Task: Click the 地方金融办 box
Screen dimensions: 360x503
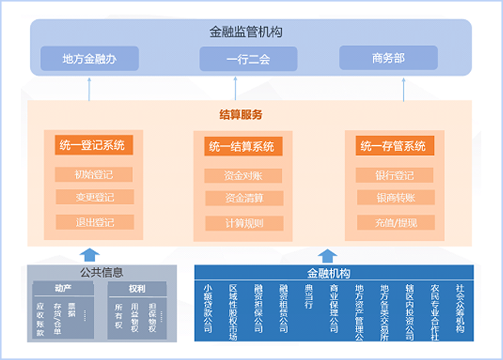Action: [89, 58]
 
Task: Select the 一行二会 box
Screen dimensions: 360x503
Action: [247, 58]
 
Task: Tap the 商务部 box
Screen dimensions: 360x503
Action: [388, 58]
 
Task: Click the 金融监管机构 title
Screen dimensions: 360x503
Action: [247, 32]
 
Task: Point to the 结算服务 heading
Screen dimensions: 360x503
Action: [241, 115]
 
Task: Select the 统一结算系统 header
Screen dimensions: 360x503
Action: [240, 146]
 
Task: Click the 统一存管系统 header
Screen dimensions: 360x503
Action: [392, 146]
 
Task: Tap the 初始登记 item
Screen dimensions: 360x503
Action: [94, 174]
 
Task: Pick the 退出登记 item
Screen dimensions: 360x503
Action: [94, 223]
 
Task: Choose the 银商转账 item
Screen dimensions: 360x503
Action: [395, 198]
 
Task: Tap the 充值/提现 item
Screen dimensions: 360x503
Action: [395, 223]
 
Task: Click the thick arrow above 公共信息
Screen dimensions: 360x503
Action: [91, 253]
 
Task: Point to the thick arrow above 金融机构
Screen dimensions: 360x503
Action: [328, 255]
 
